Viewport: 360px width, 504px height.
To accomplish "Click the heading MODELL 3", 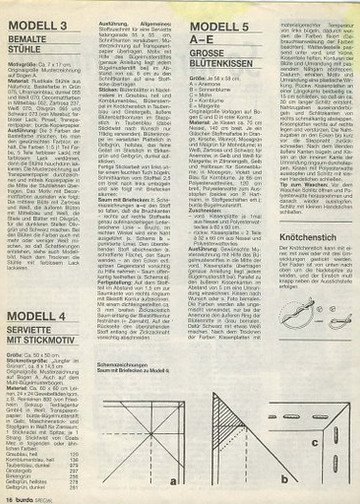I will point(44,20).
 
